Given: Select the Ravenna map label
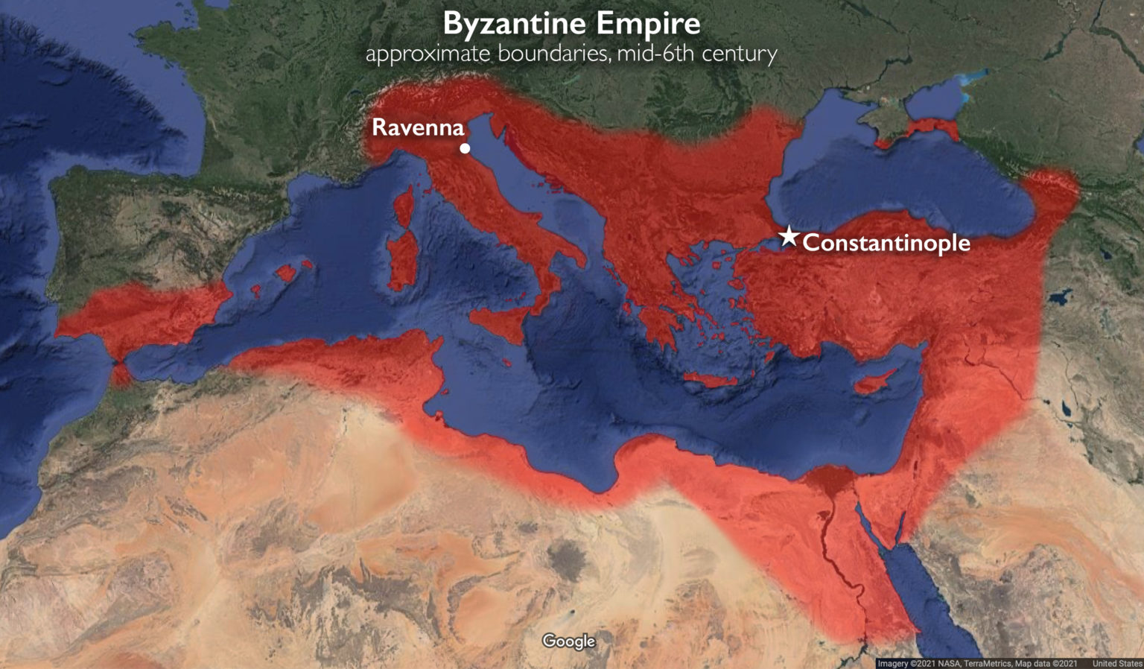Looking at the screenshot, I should tap(418, 127).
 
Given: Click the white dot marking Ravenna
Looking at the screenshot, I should tap(465, 148).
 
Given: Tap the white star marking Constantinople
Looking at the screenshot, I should tap(788, 237).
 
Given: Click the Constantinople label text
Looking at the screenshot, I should tap(886, 243).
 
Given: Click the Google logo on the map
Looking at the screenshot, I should tap(569, 641).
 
